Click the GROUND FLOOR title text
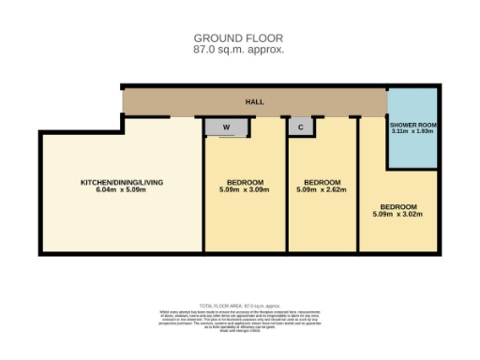pos(238,38)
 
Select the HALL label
pos(254,102)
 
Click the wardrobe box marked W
pos(226,127)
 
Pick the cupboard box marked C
pos(301,127)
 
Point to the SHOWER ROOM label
pos(413,125)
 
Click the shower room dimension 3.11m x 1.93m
pos(413,132)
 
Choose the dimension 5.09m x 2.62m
pos(322,190)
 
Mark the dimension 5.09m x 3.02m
pos(397,215)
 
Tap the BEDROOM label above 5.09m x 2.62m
pos(322,181)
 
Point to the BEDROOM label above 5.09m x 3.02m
pos(397,206)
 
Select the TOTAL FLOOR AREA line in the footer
pos(239,307)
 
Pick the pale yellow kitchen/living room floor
pos(112,225)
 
